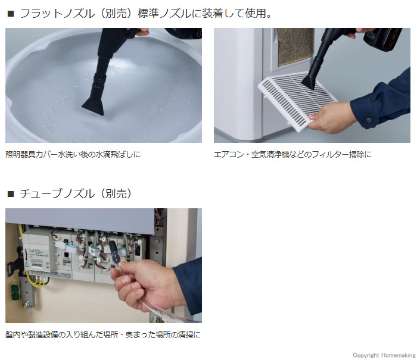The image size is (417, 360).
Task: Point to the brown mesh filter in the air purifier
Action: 295,45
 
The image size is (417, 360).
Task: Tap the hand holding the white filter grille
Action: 326,120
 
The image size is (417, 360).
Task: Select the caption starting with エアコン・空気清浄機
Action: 292,154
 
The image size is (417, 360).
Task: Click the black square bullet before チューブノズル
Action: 10,194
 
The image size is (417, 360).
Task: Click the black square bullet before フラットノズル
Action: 10,14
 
